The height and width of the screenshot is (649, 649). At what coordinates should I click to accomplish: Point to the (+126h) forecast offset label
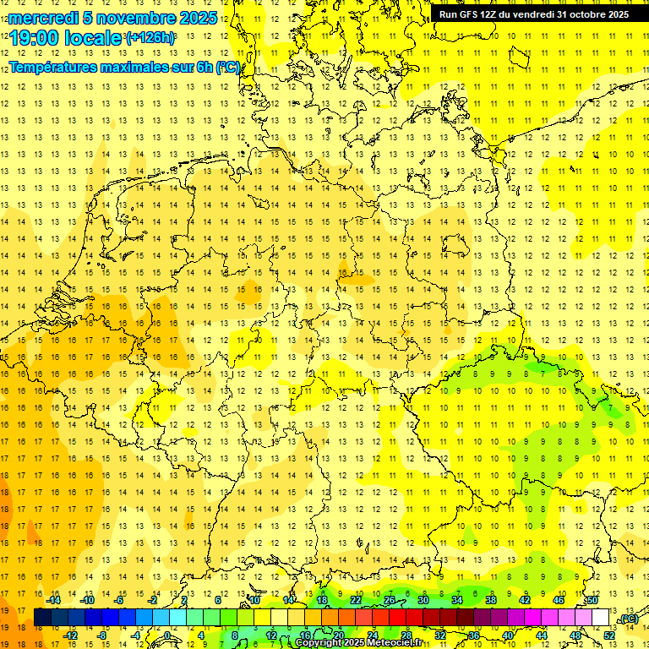150,38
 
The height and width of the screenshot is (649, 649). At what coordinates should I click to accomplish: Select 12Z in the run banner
488,14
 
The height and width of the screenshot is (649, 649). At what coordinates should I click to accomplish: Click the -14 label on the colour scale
54,600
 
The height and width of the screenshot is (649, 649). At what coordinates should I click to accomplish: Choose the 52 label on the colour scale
609,635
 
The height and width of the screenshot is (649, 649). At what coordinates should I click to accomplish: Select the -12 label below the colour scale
70,635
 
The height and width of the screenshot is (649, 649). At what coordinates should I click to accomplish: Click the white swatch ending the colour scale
601,618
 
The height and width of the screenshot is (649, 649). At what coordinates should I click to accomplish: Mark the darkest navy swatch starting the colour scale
42,618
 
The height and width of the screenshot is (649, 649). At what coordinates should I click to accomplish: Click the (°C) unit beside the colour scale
629,619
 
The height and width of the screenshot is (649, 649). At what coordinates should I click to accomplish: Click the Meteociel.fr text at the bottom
395,643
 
